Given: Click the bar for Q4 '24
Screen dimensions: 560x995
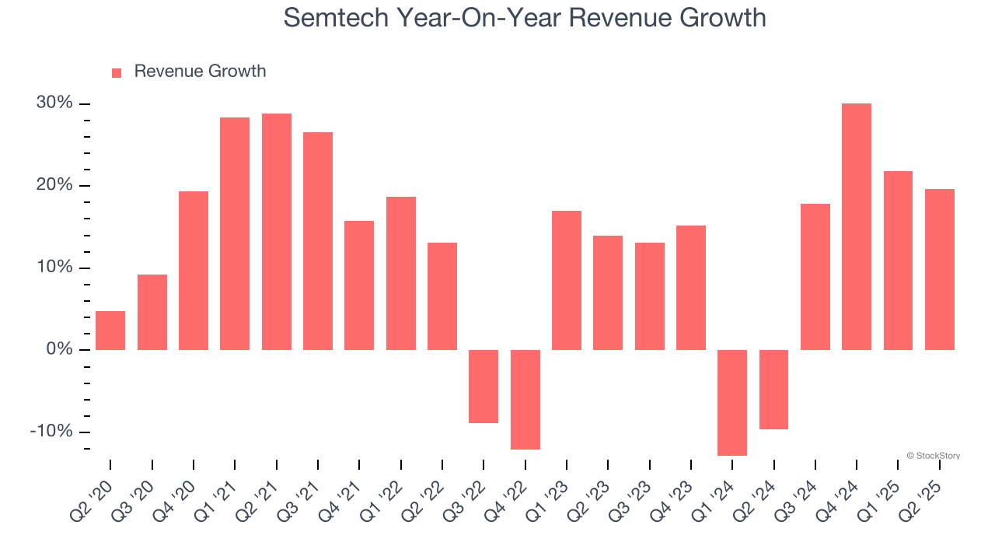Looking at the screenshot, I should [857, 226].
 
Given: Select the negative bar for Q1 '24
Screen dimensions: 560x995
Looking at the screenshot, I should [732, 402].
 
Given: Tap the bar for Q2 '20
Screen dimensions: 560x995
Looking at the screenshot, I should [110, 331].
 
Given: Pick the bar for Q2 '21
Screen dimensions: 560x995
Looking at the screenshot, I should [277, 232].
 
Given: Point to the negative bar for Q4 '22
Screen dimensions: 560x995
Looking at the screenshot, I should [525, 399].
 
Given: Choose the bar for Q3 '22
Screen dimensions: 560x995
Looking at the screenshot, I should [484, 386].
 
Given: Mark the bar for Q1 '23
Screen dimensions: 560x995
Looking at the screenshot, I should [567, 280].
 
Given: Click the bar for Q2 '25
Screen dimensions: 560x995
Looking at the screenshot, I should [939, 269].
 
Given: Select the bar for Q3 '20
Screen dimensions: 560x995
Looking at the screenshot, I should [152, 312].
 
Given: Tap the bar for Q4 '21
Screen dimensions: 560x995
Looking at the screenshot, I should [359, 285].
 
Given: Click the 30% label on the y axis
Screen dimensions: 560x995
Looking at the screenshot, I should [54, 103].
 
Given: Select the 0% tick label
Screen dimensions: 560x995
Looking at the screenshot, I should [59, 349].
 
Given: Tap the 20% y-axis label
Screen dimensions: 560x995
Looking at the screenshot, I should [54, 185].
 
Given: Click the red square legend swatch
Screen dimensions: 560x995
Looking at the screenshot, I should [117, 72].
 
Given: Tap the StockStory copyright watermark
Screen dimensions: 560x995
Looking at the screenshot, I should [933, 456].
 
